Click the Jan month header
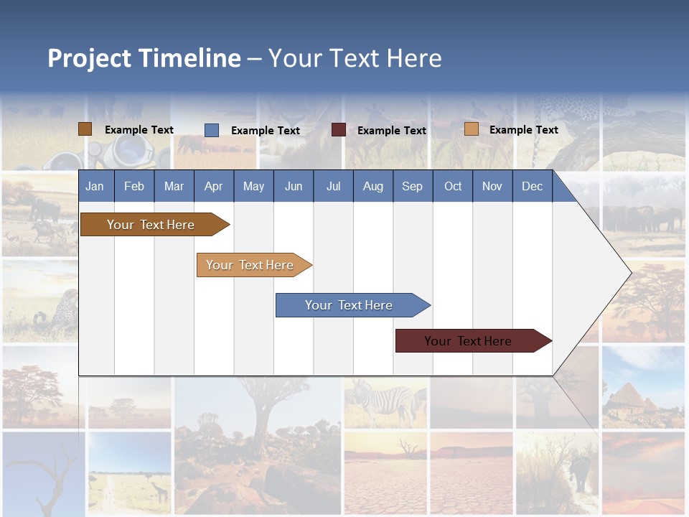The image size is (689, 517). [x=95, y=186]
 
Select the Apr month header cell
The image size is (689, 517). [x=213, y=186]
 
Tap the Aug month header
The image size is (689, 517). [x=372, y=186]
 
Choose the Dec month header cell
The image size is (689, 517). [x=532, y=186]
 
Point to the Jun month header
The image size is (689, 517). [x=293, y=186]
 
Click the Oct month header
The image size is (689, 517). [x=452, y=186]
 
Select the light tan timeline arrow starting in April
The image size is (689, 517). [x=251, y=265]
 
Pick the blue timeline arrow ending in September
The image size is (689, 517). [x=350, y=305]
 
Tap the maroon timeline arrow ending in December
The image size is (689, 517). [x=470, y=341]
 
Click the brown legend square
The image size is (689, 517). [x=85, y=129]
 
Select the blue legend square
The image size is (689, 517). [x=211, y=130]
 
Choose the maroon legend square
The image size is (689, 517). [x=338, y=130]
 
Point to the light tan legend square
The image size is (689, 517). [x=471, y=129]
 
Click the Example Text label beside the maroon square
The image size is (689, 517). [x=391, y=131]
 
